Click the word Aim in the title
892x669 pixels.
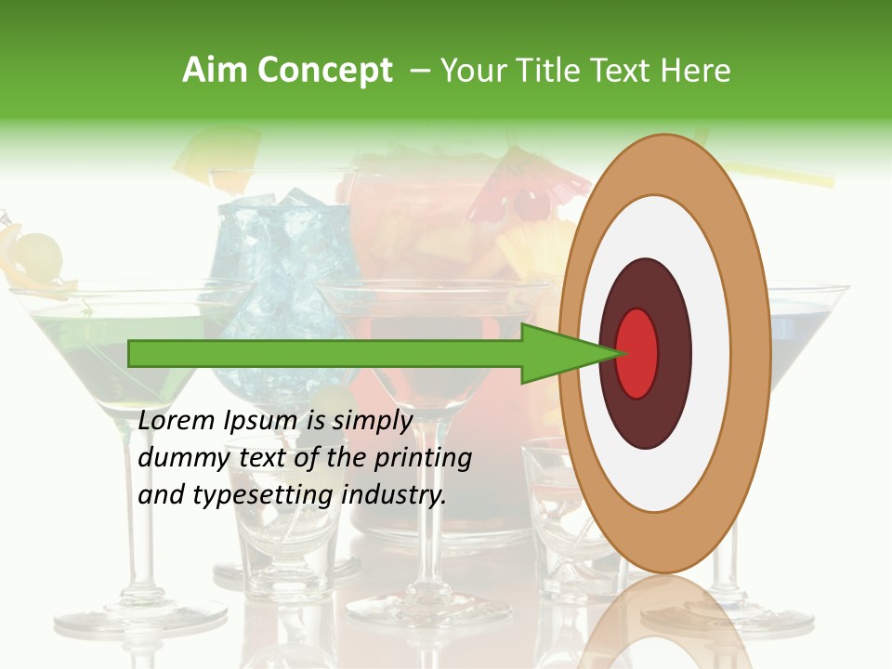pos(212,71)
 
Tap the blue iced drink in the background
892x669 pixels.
pos(279,251)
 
